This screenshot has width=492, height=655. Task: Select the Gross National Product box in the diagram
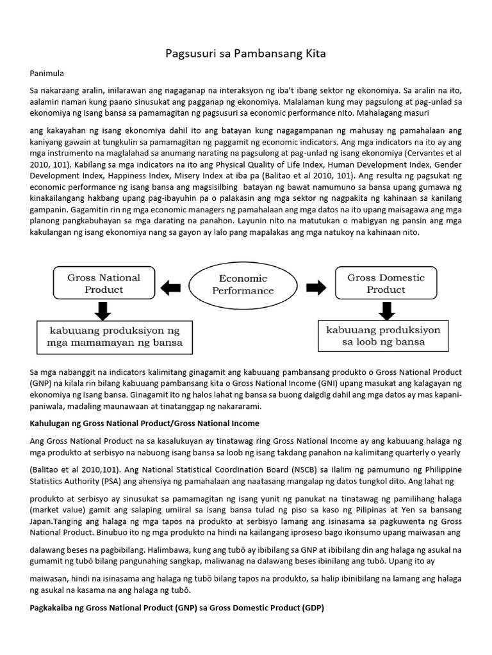(104, 283)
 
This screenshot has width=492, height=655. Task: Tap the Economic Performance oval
(243, 284)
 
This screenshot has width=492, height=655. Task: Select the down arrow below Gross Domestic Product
(386, 311)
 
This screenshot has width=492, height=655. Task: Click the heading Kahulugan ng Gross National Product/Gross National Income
(144, 423)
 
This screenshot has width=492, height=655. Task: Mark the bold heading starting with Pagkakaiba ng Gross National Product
(177, 608)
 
